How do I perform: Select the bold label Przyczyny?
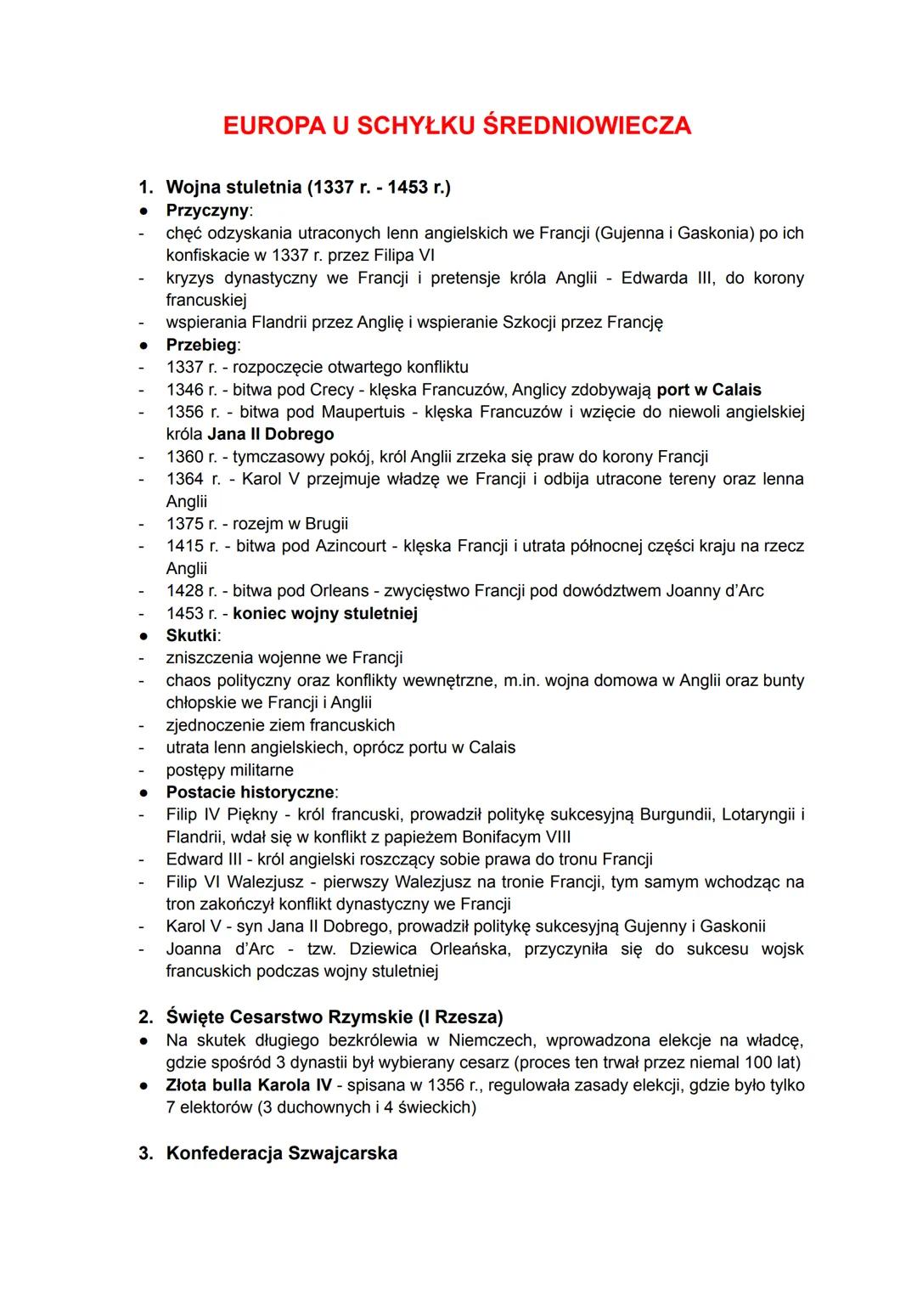coord(207,210)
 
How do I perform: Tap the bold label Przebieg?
coord(202,345)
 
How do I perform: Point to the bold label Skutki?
coord(192,635)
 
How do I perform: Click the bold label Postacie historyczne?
coord(250,792)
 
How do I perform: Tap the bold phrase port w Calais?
coord(709,390)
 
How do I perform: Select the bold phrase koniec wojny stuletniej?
coord(325,613)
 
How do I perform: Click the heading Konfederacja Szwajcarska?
coord(281,1153)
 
